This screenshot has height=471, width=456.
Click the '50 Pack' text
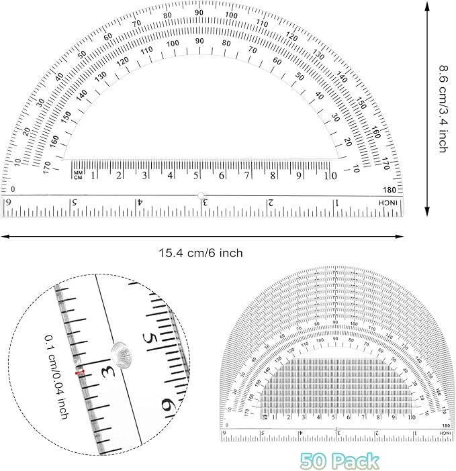(x=340, y=460)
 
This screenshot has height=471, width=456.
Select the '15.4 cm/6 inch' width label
(x=200, y=253)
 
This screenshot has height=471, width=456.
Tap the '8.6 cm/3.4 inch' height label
(x=443, y=108)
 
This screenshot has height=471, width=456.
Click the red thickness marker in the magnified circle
(x=80, y=372)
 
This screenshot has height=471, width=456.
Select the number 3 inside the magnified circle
(x=105, y=370)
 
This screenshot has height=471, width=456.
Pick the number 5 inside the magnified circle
(x=153, y=340)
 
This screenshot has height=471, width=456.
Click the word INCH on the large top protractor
(x=390, y=203)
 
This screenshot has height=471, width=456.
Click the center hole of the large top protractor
(x=200, y=195)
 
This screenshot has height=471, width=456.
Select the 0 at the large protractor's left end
(x=12, y=190)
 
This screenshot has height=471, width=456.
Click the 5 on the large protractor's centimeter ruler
(x=196, y=176)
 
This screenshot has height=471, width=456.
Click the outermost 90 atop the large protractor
(x=199, y=13)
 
